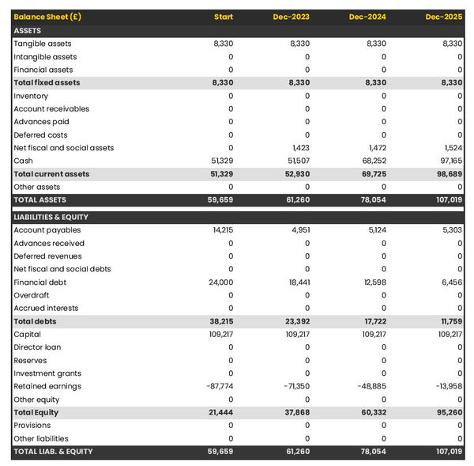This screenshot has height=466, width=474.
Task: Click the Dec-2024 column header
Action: click(367, 17)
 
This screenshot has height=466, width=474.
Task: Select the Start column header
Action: click(224, 17)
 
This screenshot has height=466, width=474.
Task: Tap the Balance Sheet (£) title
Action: click(45, 17)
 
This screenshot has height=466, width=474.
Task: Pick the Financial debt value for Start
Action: click(220, 282)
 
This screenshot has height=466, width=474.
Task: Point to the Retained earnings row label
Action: click(47, 386)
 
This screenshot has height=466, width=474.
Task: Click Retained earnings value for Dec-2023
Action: click(295, 386)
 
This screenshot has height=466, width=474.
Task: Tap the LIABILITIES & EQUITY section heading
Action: click(51, 217)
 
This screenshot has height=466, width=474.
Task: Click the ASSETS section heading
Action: click(28, 30)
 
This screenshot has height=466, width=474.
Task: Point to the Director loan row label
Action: click(37, 347)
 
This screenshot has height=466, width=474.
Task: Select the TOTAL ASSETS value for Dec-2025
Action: click(448, 200)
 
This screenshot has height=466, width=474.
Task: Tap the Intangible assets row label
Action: click(45, 57)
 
